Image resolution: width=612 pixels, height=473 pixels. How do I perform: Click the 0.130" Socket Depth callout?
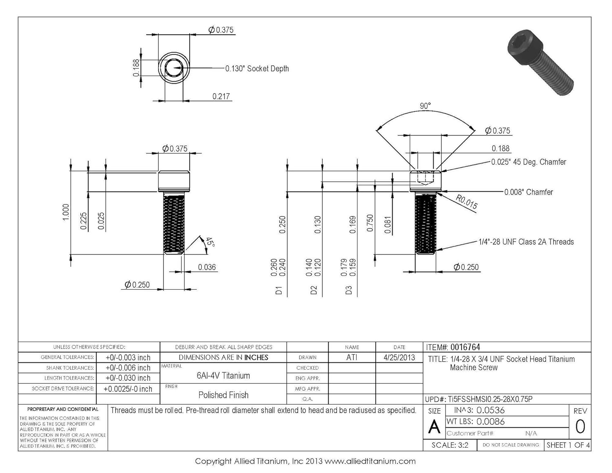coord(257,69)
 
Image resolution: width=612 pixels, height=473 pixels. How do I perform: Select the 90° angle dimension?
coord(425,106)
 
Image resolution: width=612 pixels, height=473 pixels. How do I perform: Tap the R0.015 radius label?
coord(466,202)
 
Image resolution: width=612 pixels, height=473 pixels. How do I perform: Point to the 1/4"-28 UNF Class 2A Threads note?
coord(526,242)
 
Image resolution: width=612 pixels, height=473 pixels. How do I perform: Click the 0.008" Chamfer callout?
coord(528,192)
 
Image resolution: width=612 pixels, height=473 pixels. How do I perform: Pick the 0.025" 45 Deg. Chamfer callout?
coord(528,162)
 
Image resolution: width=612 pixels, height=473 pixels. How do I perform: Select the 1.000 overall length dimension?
coord(66,212)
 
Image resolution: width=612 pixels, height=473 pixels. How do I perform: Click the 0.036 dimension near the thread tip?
coord(207,267)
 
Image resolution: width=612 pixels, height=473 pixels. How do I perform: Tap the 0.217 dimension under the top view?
coord(221,96)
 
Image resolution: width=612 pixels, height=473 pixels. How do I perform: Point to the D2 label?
coord(314,290)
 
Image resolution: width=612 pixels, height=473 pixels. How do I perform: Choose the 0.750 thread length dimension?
coord(370,223)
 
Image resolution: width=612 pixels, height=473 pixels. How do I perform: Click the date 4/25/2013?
coord(399,358)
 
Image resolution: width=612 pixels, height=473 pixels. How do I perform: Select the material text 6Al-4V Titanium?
coord(223,375)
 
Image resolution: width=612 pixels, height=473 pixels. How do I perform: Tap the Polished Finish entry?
coord(223,395)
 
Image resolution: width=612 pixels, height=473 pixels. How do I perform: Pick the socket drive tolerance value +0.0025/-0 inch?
coord(128,389)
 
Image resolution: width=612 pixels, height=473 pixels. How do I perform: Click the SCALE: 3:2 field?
coord(450,445)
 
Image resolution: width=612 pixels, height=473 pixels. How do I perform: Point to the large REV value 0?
coord(580,426)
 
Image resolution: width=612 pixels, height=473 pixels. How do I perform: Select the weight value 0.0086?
coord(490,422)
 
